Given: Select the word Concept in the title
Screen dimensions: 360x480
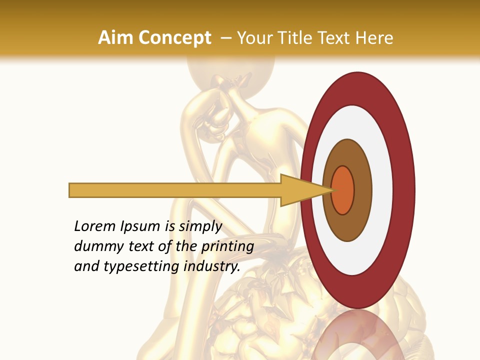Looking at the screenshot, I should [173, 38].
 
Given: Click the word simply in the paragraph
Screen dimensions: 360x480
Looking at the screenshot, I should [200, 227].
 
